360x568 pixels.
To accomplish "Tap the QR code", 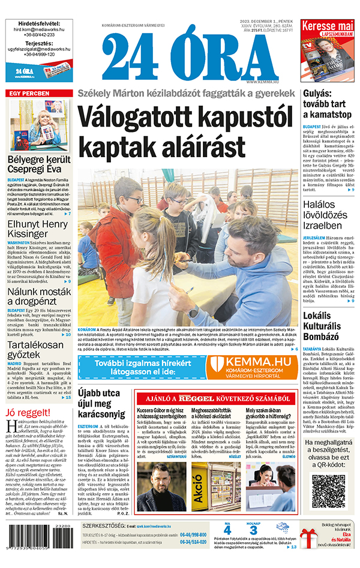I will pos(329,491).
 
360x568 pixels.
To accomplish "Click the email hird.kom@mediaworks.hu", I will pos(39,29).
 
